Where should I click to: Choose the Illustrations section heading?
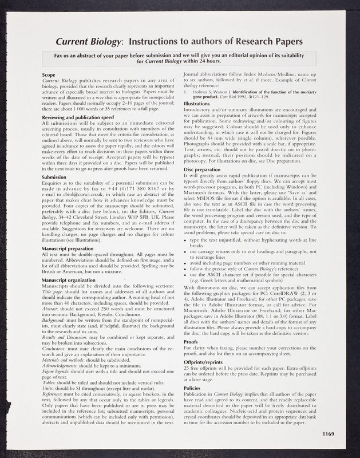[200, 103]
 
